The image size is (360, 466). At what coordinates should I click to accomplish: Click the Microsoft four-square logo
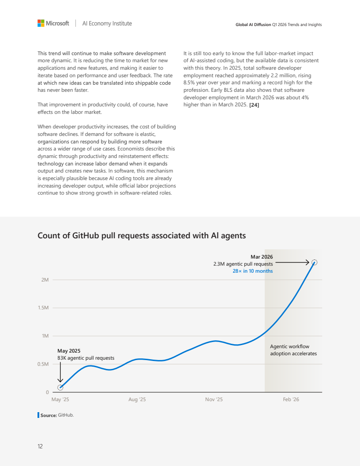41,23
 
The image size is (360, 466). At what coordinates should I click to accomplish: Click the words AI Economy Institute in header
107,23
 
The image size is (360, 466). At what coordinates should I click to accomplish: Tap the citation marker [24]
254,105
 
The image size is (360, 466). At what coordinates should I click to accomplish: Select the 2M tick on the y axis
45,280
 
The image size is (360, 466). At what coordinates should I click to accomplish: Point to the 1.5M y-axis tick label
43,308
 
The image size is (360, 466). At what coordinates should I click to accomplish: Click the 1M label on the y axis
45,336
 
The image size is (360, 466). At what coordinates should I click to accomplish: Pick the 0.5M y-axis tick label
43,364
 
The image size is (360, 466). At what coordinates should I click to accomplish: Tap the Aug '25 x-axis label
137,399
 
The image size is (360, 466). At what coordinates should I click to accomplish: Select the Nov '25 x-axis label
214,399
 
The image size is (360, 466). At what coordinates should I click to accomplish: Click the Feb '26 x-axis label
291,399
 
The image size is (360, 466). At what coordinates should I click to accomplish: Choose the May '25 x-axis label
60,399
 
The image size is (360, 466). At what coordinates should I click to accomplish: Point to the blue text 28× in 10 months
253,271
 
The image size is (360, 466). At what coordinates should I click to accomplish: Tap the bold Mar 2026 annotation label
262,257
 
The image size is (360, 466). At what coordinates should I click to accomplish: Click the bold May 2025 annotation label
69,351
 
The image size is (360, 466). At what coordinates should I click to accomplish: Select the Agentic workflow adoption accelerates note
293,350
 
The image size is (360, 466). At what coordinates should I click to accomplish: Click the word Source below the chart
49,415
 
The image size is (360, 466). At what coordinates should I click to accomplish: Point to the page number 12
40,447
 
